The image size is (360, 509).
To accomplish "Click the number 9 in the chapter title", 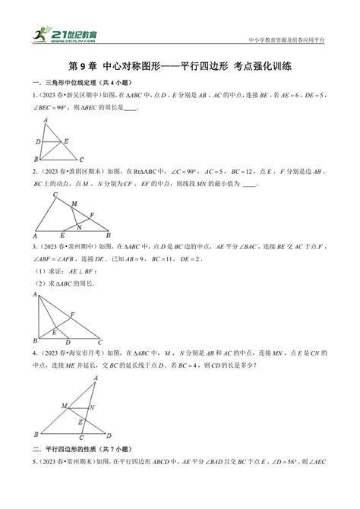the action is (82, 67).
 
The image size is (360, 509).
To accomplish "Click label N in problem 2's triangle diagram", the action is (79, 225).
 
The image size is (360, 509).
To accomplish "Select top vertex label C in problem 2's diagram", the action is (55, 195).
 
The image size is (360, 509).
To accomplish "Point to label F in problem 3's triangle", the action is (72, 314).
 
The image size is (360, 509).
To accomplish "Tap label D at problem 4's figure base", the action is (109, 435).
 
